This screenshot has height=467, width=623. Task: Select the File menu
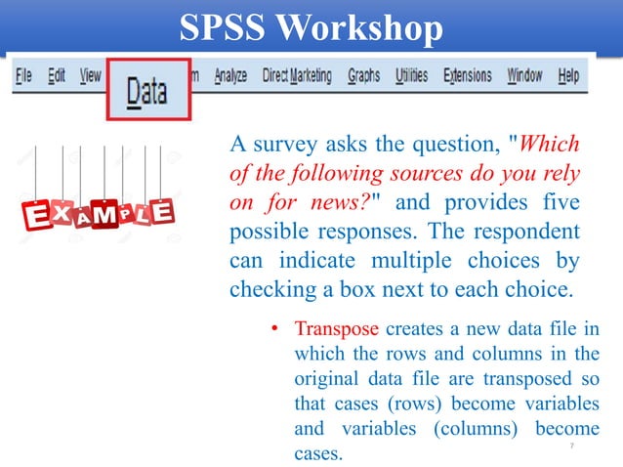click(x=24, y=75)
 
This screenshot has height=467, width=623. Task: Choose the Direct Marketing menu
click(x=297, y=75)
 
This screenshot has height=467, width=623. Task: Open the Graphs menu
click(x=363, y=75)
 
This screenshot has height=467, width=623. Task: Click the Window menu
click(x=524, y=75)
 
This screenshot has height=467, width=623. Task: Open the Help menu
click(x=568, y=75)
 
